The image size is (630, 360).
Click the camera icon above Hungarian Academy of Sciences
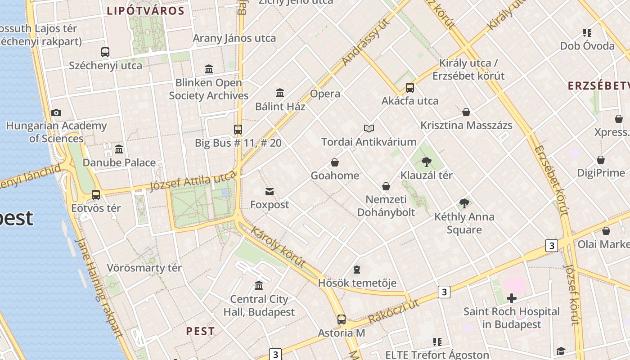point(56,112)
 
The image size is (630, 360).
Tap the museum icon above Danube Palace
point(119,149)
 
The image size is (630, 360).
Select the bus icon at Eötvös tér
point(96,195)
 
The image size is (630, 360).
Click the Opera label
point(325,94)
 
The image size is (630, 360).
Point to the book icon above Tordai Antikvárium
point(369,129)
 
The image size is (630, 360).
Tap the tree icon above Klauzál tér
point(427,162)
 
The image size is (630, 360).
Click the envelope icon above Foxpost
point(270,192)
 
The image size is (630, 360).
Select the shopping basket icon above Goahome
point(335,162)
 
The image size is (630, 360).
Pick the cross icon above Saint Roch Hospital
point(511,298)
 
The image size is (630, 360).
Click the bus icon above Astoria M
point(342,319)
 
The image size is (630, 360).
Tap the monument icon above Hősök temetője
point(357,270)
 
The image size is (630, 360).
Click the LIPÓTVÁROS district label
point(145,11)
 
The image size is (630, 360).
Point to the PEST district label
point(200,331)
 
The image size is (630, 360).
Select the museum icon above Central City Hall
point(259,285)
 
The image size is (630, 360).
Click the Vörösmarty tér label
point(144,268)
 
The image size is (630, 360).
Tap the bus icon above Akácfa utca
point(410,87)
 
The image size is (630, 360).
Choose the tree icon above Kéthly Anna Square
point(464,203)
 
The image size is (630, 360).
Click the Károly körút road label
point(278,246)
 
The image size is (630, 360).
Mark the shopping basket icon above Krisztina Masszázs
point(466,112)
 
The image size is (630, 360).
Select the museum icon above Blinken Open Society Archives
point(209,69)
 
